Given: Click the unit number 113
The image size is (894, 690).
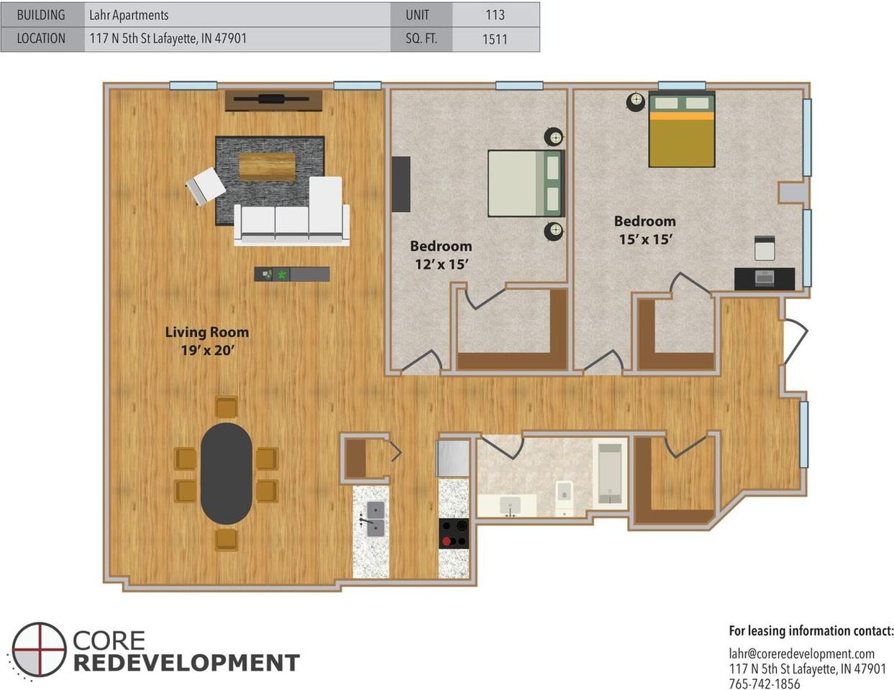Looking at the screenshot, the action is (x=495, y=15).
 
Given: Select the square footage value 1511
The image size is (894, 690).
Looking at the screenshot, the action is (x=495, y=40).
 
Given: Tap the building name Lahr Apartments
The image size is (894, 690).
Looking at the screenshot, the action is (x=129, y=15).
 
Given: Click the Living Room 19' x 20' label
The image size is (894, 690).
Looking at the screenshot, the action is (x=207, y=341).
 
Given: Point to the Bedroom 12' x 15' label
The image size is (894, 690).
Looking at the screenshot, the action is (x=441, y=254).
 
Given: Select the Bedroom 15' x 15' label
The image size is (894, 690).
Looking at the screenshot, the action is (x=645, y=230).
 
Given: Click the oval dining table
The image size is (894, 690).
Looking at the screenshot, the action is (x=227, y=474).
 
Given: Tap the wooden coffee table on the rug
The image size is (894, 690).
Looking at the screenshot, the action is (x=268, y=167).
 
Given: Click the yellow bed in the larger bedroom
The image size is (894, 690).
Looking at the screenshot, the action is (x=682, y=129).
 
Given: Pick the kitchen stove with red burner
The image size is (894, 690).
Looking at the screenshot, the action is (x=454, y=533).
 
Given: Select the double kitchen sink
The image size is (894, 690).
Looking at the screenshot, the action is (x=375, y=520).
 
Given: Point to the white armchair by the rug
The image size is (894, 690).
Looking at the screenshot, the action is (x=205, y=185).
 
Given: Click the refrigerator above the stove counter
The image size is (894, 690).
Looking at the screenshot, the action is (x=453, y=459).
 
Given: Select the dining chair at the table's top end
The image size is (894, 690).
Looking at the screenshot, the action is (x=227, y=408).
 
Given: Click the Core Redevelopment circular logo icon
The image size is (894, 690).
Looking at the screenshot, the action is (x=38, y=649).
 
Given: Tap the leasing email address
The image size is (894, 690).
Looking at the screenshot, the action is (x=802, y=653).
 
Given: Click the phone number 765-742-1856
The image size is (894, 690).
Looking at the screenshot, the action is (x=765, y=684).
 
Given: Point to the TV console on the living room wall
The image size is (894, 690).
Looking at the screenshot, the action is (x=273, y=100).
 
